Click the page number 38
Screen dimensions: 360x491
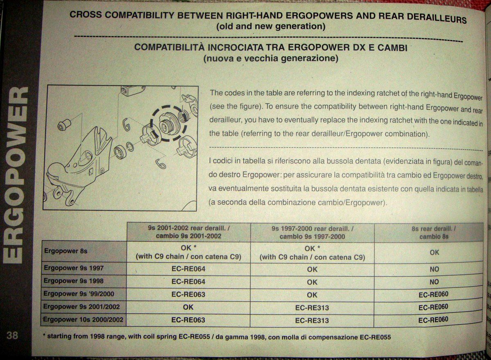point(12,335)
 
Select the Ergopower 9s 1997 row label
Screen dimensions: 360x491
point(74,268)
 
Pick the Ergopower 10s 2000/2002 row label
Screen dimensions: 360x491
point(83,319)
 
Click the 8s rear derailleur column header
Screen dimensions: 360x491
point(434,233)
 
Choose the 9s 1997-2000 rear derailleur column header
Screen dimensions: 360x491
point(312,233)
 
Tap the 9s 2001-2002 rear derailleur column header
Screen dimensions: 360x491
point(188,232)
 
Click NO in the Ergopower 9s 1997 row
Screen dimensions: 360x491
point(435,269)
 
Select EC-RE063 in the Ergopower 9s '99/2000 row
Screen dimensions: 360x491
point(188,294)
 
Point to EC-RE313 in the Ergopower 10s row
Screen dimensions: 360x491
point(312,320)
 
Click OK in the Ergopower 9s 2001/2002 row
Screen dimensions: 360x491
point(188,307)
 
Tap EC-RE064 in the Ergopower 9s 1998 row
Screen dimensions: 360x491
point(188,282)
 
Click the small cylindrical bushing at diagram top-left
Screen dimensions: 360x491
point(64,125)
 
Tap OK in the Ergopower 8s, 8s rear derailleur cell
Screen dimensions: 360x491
point(435,253)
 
